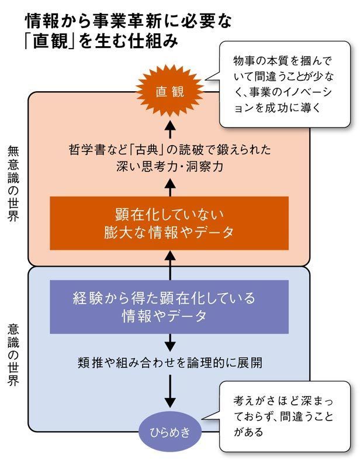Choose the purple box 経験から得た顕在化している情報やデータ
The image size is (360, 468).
pyautogui.click(x=169, y=307)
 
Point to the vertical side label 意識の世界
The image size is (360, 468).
pyautogui.click(x=13, y=353)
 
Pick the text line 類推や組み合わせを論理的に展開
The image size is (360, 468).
pyautogui.click(x=169, y=361)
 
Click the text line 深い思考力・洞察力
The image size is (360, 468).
pyautogui.click(x=169, y=166)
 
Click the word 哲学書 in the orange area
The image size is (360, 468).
pyautogui.click(x=84, y=150)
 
